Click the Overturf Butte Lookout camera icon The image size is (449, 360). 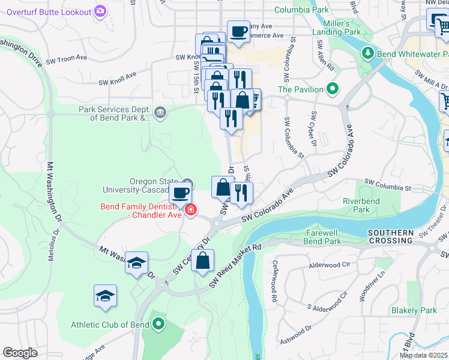click(x=100, y=11)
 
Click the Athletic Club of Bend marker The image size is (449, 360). click(x=158, y=325)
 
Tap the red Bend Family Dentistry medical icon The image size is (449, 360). click(x=190, y=210)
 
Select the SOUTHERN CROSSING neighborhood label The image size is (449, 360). click(x=391, y=236)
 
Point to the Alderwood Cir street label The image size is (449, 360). click(x=328, y=265)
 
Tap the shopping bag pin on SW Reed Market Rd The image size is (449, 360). click(x=203, y=260)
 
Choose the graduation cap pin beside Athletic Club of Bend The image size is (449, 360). click(x=106, y=296)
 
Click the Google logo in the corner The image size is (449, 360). click(x=20, y=353)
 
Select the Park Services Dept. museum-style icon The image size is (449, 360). click(x=160, y=112)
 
